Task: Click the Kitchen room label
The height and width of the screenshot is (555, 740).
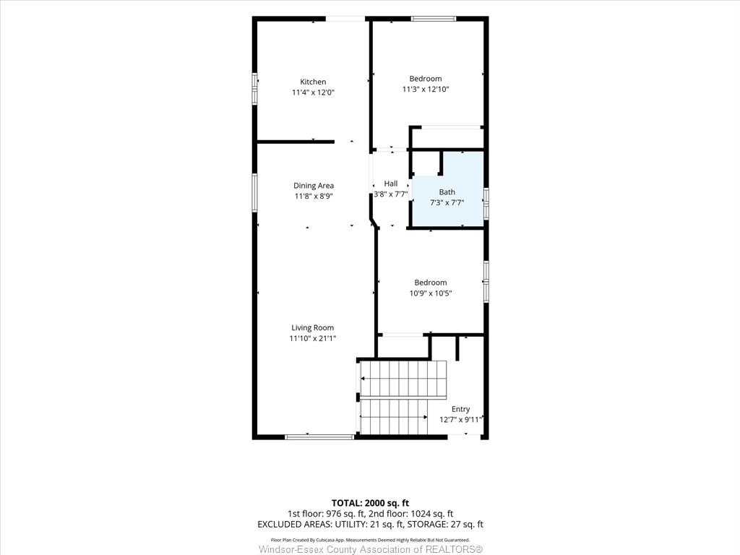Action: pyautogui.click(x=313, y=82)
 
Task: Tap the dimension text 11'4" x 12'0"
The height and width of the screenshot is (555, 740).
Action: pyautogui.click(x=313, y=92)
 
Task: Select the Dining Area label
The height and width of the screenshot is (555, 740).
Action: pyautogui.click(x=314, y=186)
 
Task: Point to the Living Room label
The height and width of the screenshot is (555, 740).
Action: pyautogui.click(x=312, y=327)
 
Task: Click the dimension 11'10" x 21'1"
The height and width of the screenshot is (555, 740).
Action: pyautogui.click(x=312, y=338)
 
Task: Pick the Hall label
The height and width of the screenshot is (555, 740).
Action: pyautogui.click(x=391, y=184)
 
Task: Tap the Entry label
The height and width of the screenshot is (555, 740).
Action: pyautogui.click(x=460, y=409)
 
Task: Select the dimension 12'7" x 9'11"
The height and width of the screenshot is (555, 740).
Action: pyautogui.click(x=460, y=420)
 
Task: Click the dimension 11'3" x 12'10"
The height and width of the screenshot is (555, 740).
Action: pyautogui.click(x=426, y=89)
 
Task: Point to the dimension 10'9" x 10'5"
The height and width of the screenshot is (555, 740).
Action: pyautogui.click(x=431, y=293)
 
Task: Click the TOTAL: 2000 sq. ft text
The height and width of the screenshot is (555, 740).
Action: pyautogui.click(x=370, y=503)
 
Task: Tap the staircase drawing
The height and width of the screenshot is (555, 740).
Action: pyautogui.click(x=401, y=397)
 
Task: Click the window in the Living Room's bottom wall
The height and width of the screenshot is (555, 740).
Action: pyautogui.click(x=320, y=437)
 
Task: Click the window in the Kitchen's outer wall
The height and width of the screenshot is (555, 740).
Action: pyautogui.click(x=255, y=88)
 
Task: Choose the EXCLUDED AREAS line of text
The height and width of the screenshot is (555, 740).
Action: pyautogui.click(x=371, y=525)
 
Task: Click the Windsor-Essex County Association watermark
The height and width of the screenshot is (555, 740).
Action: pyautogui.click(x=371, y=549)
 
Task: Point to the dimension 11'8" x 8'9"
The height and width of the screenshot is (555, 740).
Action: pyautogui.click(x=314, y=197)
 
